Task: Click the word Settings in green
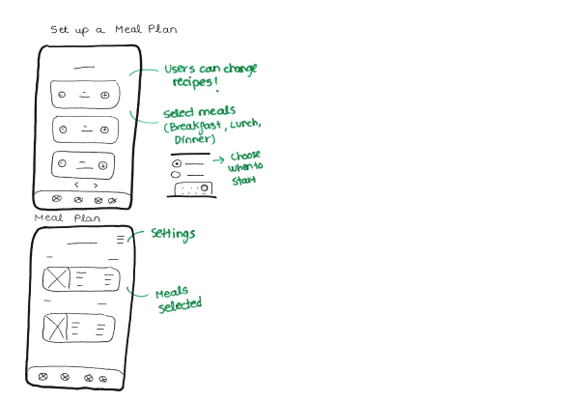pos(173,234)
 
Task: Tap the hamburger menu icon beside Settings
pos(121,239)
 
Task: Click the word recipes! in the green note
pos(189,83)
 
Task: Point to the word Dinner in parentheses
pos(183,140)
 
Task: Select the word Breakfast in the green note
pos(197,127)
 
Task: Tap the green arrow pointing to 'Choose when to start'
pos(219,159)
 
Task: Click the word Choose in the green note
pos(246,156)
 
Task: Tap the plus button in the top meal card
pos(104,95)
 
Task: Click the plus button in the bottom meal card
pos(102,165)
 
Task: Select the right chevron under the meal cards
pos(96,184)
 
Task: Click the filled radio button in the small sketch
pos(177,164)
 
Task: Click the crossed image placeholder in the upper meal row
pos(57,279)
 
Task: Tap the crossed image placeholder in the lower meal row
pos(54,327)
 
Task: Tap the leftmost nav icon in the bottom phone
pos(42,376)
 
